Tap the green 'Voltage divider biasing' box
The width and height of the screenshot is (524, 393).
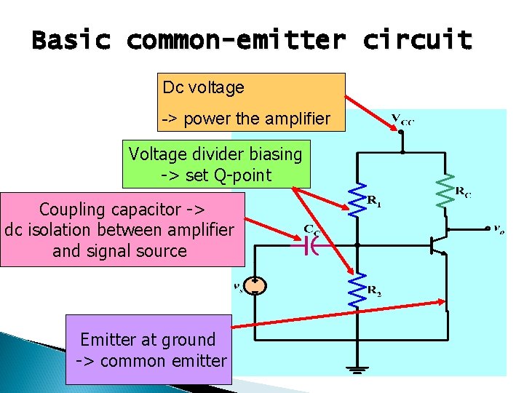tap(215, 164)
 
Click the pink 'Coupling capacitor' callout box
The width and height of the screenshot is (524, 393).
tap(122, 230)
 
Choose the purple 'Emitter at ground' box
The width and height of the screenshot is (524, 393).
tap(148, 349)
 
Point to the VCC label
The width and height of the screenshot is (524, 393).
tap(402, 121)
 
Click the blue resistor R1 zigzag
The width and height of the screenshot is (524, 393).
tap(357, 199)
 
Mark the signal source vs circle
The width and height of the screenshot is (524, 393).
tap(255, 285)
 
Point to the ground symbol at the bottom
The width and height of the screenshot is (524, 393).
tap(357, 369)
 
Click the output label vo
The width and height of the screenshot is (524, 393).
tap(498, 229)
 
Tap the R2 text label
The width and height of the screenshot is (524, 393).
tap(374, 292)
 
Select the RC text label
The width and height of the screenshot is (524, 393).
tap(463, 192)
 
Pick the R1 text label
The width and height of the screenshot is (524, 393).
tap(374, 201)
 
